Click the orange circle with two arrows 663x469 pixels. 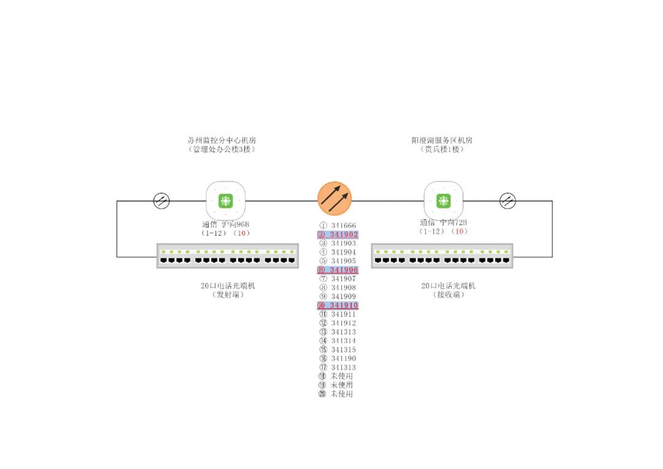[335, 198]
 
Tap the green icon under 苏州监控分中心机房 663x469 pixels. [225, 201]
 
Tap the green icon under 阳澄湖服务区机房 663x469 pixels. [443, 201]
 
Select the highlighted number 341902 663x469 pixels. [343, 234]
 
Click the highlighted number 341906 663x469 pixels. [343, 270]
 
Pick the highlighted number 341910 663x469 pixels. [343, 306]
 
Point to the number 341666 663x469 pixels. [343, 225]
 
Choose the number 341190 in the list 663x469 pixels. [343, 359]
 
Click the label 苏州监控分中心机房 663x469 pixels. [222, 140]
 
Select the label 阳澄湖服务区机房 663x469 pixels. [442, 140]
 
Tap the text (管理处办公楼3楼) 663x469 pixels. [222, 149]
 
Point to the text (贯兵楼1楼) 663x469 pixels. [442, 149]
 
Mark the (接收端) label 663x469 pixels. [448, 295]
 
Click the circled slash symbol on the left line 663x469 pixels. [161, 201]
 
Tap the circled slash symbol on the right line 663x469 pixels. [508, 201]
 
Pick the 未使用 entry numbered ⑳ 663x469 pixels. [342, 394]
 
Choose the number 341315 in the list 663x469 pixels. [343, 350]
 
